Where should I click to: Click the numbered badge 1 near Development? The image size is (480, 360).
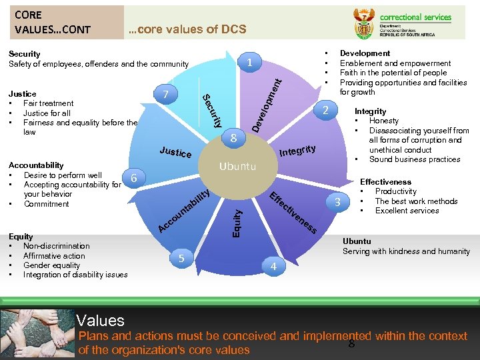249,63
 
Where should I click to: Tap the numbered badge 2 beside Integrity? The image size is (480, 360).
324,110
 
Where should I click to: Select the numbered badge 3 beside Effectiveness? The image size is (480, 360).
339,202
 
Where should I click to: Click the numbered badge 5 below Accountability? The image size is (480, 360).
180,259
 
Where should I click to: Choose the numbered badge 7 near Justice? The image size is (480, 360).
166,94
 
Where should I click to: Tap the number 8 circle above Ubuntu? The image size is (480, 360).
233,139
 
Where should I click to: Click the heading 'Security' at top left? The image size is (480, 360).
24,54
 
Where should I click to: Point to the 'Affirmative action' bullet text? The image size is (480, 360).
54,255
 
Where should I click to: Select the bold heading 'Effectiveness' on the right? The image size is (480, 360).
385,181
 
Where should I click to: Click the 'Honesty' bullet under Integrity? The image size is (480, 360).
384,121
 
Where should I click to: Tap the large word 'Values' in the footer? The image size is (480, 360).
100,321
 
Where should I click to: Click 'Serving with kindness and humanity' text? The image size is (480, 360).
406,251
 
